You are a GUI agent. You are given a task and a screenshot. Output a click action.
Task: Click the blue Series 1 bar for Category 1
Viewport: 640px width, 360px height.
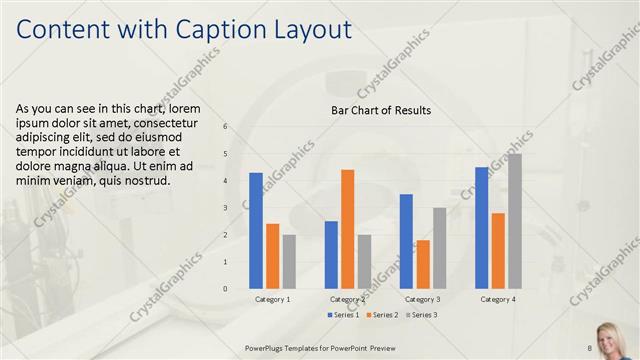[256, 230]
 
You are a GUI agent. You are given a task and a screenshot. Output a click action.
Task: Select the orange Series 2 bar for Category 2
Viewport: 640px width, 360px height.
[347, 229]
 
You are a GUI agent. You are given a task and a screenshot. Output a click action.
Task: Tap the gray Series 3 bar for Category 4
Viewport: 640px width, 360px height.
[514, 221]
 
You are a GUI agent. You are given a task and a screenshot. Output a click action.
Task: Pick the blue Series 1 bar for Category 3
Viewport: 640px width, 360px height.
[406, 241]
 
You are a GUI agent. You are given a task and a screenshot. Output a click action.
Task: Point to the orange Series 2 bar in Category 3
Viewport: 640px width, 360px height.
[423, 264]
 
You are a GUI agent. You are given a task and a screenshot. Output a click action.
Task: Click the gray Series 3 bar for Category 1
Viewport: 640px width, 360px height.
[289, 261]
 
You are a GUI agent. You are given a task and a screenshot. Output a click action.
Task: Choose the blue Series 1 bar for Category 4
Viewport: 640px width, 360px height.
[481, 227]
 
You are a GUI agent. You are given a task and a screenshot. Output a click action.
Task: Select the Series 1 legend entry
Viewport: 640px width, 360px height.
[344, 315]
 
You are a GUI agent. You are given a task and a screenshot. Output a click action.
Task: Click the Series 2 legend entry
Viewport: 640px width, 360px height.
[383, 315]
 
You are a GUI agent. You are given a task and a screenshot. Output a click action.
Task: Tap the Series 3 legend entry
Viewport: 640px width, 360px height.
[421, 315]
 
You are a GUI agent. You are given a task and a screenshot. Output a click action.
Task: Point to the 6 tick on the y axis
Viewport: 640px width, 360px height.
[225, 126]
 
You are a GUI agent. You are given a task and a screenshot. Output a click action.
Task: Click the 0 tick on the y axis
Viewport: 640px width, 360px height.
[225, 288]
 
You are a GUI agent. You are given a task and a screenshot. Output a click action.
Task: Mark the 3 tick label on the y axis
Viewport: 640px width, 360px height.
[225, 207]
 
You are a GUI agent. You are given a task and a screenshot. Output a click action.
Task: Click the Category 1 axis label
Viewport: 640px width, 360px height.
[272, 299]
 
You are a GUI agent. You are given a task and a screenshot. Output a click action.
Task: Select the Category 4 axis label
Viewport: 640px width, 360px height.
[498, 299]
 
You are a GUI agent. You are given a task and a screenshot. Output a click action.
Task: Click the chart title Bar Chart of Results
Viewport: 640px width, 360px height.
[381, 110]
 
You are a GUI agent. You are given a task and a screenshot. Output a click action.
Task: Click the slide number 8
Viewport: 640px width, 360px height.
[590, 347]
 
